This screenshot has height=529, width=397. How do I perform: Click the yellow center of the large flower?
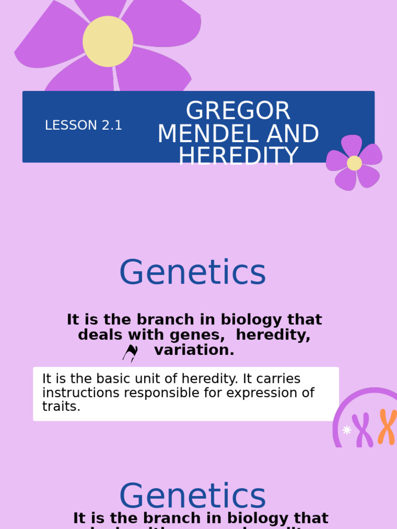point(108,41)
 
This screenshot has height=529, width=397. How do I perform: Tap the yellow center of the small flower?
point(354,163)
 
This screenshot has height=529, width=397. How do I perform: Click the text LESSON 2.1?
point(83,126)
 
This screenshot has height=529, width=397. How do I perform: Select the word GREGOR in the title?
point(238,111)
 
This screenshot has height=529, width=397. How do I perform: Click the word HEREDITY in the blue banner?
point(238,155)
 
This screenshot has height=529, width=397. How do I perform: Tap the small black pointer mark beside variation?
point(130,353)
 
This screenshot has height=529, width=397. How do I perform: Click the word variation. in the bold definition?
point(194,350)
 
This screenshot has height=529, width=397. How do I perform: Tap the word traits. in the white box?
point(62,407)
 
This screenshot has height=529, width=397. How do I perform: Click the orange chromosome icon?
point(386,427)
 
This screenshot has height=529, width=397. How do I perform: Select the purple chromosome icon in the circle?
point(364,430)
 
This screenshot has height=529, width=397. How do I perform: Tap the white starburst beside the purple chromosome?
point(347,430)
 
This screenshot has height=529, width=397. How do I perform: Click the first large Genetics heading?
point(192,272)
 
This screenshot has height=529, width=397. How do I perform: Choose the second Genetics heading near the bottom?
point(192,496)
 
